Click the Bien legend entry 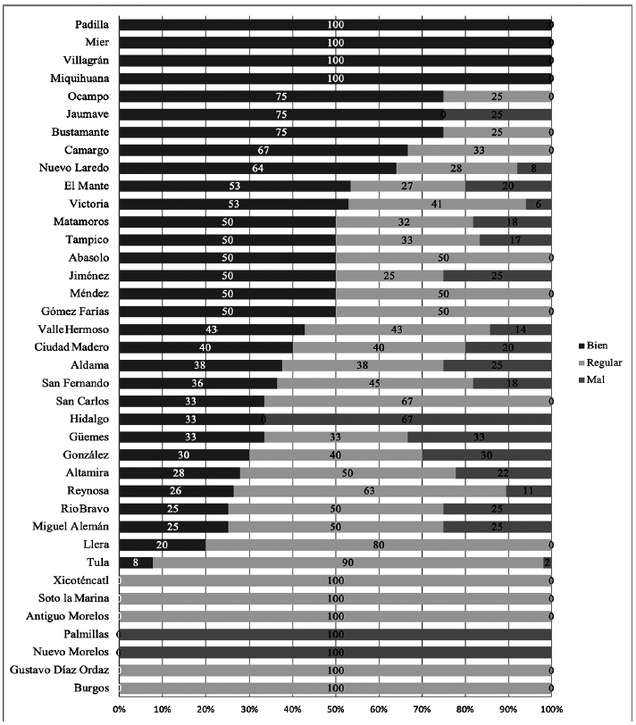click(x=594, y=346)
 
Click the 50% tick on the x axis click(x=335, y=708)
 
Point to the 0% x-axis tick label click(x=119, y=708)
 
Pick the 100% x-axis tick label click(x=550, y=708)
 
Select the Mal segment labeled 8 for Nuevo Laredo click(x=534, y=168)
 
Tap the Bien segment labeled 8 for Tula click(x=135, y=562)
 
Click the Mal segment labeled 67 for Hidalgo click(x=407, y=419)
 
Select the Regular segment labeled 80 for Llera click(x=378, y=545)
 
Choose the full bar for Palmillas click(x=335, y=634)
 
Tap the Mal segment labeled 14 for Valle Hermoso click(x=520, y=329)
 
